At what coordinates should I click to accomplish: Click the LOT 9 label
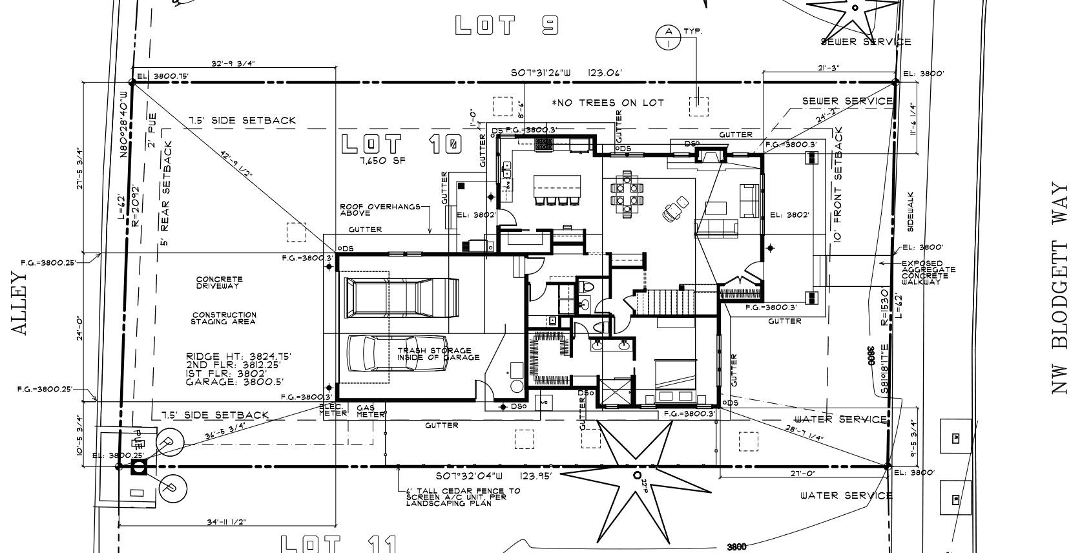coord(506,25)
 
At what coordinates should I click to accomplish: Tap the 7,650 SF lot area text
coord(383,160)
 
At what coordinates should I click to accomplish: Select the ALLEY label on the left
coord(20,303)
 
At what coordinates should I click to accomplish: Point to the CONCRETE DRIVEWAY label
coord(219,282)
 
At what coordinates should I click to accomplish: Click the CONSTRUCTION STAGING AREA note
coord(224,318)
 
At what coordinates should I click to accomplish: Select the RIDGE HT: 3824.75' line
coord(238,357)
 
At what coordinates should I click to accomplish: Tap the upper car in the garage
coord(401,297)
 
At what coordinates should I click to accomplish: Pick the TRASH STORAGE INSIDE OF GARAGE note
coord(438,354)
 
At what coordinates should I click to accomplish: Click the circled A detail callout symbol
coord(668,37)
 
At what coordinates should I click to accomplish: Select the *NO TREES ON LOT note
coord(607,103)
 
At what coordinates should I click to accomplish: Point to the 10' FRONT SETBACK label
coord(838,184)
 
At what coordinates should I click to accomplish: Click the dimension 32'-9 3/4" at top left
coord(233,63)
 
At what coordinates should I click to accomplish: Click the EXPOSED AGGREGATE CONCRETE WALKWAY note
coord(928,273)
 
